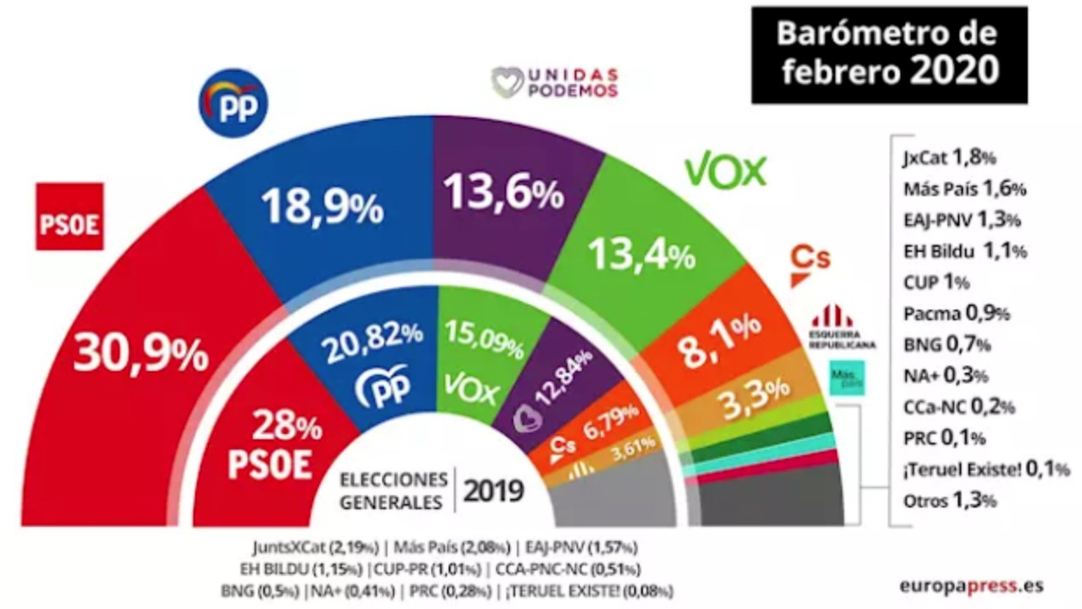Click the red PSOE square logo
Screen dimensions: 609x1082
pyautogui.click(x=69, y=217)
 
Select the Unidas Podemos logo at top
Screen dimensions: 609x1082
pyautogui.click(x=555, y=83)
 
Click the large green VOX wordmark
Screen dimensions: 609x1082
pyautogui.click(x=725, y=172)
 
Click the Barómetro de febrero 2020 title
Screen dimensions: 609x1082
pyautogui.click(x=889, y=53)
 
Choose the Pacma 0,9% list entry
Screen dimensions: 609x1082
pyautogui.click(x=952, y=314)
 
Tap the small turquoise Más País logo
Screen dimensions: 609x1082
pyautogui.click(x=843, y=376)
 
